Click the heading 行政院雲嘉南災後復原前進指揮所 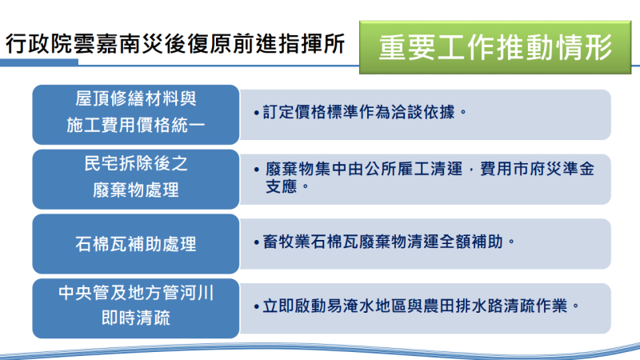point(177,44)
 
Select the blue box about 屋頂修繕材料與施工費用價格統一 point(136,113)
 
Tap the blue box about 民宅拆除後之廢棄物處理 point(136,178)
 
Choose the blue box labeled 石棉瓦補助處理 point(136,242)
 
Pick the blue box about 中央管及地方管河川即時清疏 point(136,306)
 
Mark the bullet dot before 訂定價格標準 point(255,113)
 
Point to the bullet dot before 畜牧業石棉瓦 point(255,242)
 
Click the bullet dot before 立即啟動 point(255,306)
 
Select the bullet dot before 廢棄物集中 point(255,170)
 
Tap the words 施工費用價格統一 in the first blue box point(136,126)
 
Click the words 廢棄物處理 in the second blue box point(136,190)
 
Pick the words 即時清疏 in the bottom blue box point(136,319)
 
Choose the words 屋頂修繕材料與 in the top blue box point(136,100)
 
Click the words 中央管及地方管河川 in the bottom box point(136,294)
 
